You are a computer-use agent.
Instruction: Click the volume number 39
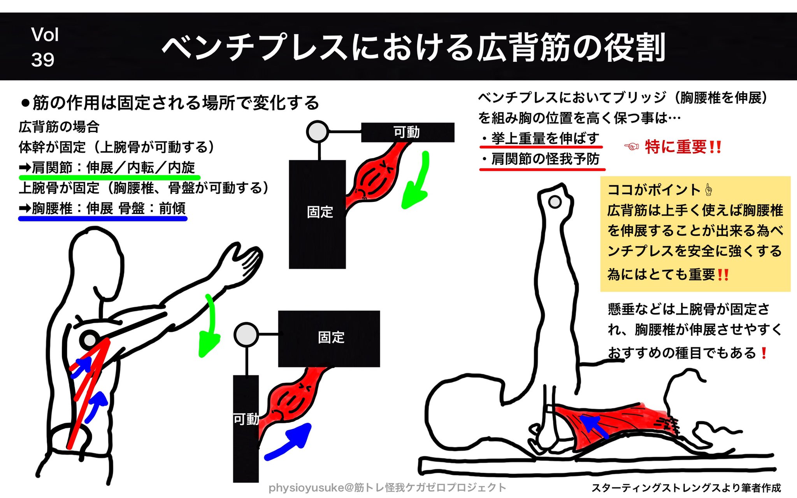[43, 60]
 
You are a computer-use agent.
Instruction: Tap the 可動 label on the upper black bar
[406, 132]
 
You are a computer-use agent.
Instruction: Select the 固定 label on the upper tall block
[320, 212]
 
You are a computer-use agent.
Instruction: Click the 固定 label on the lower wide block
[331, 337]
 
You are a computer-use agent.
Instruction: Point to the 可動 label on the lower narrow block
[246, 419]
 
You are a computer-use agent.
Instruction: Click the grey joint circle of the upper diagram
[317, 132]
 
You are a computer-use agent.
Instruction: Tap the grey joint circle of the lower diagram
[246, 334]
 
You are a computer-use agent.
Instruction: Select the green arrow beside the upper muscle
[416, 183]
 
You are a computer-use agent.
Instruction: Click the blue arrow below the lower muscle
[290, 442]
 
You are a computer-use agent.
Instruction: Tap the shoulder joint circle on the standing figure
[90, 340]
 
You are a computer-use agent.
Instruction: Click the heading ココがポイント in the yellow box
[654, 190]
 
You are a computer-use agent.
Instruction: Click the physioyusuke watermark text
[387, 487]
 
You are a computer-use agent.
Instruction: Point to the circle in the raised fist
[555, 202]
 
